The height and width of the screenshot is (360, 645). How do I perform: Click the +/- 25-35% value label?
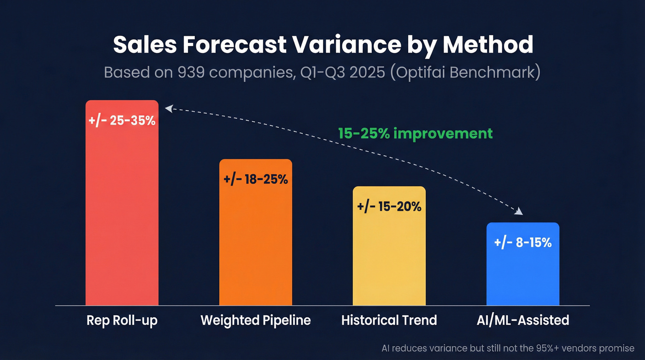tap(122, 122)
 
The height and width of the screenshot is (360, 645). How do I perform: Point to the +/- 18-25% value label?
tap(256, 179)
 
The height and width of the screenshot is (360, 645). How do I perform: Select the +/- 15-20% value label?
tap(389, 207)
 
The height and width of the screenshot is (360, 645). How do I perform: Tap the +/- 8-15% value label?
tap(523, 242)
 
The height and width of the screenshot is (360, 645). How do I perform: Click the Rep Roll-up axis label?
tap(122, 320)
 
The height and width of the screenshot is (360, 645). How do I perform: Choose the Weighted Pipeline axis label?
tap(256, 320)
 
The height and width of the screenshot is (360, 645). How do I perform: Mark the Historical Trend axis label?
tap(389, 320)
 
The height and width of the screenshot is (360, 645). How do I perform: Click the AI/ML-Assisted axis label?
tap(523, 320)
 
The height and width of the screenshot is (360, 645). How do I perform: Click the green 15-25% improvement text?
tap(415, 134)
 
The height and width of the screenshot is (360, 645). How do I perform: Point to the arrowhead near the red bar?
tap(169, 109)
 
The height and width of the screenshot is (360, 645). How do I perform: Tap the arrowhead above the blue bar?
tap(519, 212)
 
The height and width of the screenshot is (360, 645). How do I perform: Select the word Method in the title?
tap(488, 45)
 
